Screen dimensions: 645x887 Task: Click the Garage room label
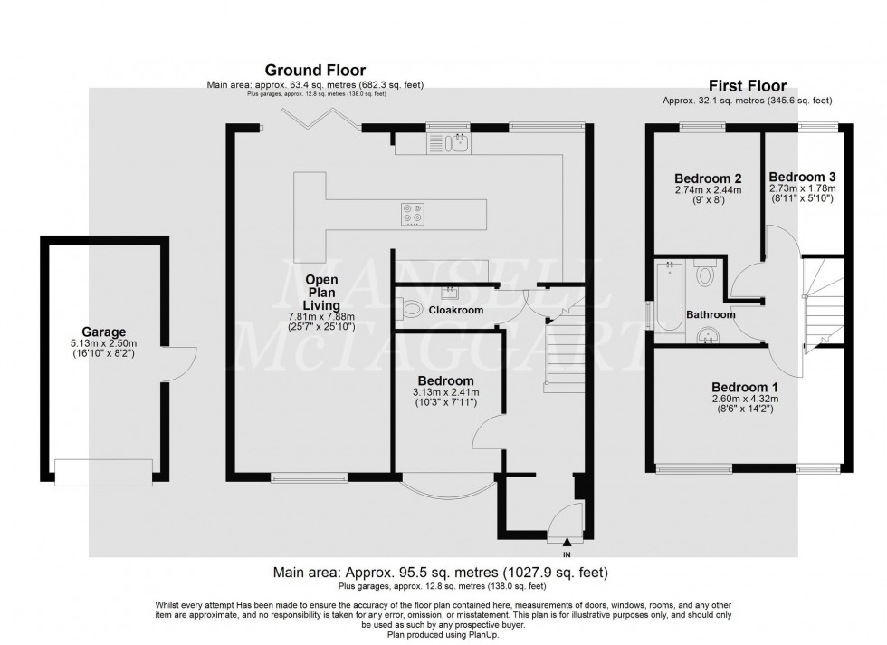click(103, 332)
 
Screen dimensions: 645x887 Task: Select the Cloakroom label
click(456, 310)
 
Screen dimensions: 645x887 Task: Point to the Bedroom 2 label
click(708, 178)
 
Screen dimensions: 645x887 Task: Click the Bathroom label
click(711, 314)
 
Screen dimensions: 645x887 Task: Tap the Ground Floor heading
click(314, 70)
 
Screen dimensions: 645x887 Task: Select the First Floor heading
click(747, 85)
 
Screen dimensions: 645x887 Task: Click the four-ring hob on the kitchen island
click(413, 213)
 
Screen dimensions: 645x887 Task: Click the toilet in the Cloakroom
click(411, 310)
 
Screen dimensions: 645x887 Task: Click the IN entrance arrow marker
click(567, 543)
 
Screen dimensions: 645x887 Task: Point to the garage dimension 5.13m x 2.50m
click(103, 344)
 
